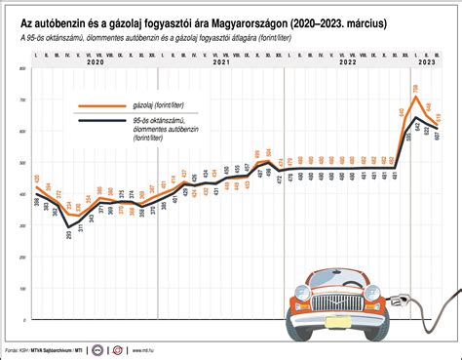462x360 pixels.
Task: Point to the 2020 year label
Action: [x=96, y=61]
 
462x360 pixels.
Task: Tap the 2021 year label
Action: [x=221, y=61]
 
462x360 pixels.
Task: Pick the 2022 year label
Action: [x=347, y=61]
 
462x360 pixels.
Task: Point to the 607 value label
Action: [x=439, y=136]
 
